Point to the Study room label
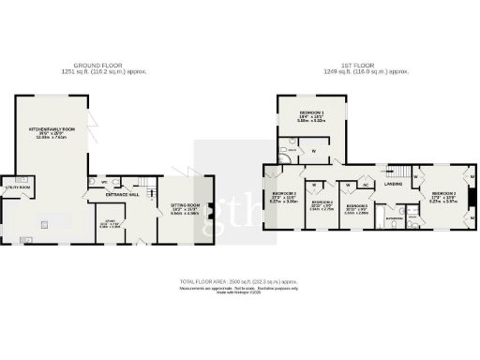110,224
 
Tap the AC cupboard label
367,184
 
